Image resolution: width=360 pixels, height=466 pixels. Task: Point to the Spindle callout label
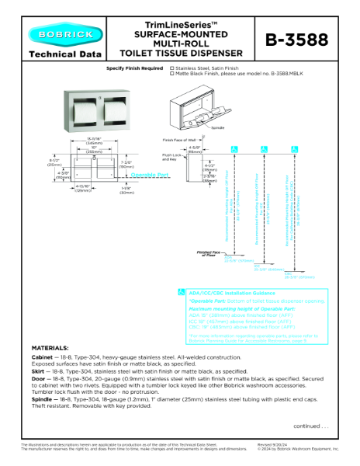(218, 127)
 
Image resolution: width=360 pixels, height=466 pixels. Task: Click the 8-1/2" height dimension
(32, 163)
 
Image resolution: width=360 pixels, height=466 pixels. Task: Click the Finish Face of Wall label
(179, 140)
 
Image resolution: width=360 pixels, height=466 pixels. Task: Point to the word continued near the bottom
(309, 426)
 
